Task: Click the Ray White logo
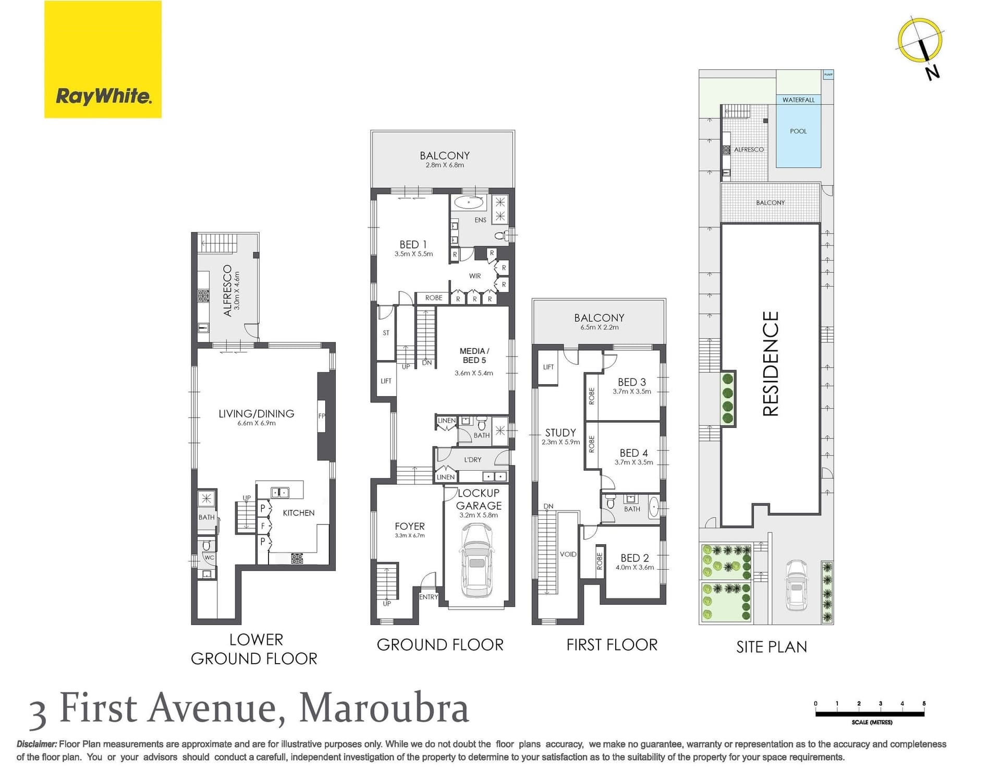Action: point(103,59)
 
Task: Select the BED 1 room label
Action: point(413,244)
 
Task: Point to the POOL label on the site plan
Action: point(798,131)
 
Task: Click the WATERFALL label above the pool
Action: point(798,100)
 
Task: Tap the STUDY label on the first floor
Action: point(560,433)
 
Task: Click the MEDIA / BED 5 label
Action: point(473,356)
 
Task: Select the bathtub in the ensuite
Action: point(469,202)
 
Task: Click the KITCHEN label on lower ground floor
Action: point(298,513)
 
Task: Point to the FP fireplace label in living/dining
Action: point(321,416)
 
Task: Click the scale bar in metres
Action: point(870,714)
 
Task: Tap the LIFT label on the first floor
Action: point(548,367)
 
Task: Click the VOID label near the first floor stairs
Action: point(568,554)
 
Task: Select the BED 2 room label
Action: point(634,558)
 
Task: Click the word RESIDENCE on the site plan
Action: point(771,363)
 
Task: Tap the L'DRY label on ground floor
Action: point(472,460)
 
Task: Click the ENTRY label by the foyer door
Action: point(429,597)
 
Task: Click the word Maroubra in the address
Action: point(384,708)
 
